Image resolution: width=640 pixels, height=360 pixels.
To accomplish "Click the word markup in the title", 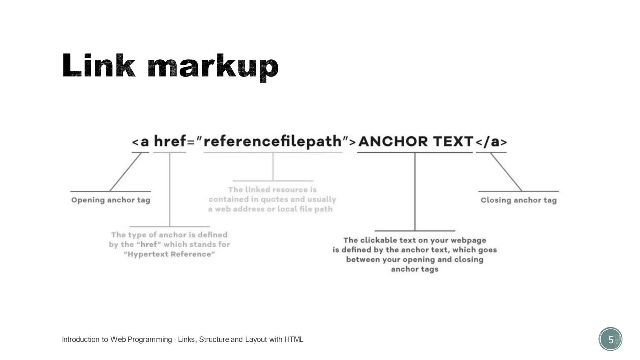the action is click(213, 67).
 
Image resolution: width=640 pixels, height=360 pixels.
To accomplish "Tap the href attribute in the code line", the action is click(170, 141).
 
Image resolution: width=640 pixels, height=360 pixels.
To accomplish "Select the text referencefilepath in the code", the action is click(273, 141).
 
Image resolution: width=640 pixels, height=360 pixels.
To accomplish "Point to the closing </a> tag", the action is click(491, 142).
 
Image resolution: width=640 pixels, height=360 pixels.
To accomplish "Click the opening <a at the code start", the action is click(140, 142).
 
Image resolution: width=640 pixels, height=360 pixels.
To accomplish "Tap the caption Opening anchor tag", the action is click(111, 200).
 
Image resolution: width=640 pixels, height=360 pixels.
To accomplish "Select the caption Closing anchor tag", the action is click(518, 200).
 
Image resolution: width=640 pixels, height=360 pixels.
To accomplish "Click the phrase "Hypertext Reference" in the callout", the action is click(169, 254).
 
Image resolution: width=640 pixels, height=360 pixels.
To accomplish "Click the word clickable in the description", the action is click(379, 240).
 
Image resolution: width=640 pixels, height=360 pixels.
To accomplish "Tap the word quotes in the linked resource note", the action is click(275, 199).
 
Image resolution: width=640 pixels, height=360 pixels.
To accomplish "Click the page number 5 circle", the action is click(610, 339).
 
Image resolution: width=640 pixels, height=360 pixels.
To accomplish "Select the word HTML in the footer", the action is click(294, 339).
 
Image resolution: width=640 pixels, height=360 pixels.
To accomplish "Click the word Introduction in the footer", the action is click(81, 339).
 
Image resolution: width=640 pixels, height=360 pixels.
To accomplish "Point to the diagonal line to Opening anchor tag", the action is click(125, 172).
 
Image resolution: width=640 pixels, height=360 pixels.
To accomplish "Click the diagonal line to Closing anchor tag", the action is click(506, 172).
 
